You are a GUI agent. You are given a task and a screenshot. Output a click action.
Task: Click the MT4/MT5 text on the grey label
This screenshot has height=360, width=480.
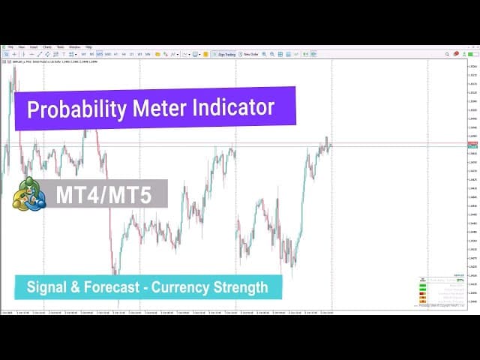click(103, 195)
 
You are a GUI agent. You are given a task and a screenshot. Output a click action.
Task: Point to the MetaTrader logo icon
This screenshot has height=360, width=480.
click(28, 194)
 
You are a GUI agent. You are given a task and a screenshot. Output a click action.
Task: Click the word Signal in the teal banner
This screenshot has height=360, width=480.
click(46, 287)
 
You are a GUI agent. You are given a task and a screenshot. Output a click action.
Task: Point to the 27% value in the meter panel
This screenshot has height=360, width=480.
click(460, 280)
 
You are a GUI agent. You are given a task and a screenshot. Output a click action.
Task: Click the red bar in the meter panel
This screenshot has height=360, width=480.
click(423, 293)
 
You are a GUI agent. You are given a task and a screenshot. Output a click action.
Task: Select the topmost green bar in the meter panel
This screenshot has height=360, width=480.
click(423, 284)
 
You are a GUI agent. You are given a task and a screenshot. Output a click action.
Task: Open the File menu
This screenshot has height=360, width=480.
click(10, 47)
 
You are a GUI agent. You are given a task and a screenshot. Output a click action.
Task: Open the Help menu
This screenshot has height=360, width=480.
click(88, 47)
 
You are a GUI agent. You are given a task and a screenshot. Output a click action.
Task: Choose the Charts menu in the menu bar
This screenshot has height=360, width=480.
click(47, 47)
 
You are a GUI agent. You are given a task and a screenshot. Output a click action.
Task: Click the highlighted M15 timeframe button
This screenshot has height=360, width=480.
click(100, 54)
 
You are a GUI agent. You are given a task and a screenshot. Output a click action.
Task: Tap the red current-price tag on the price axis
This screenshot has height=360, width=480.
click(472, 143)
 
